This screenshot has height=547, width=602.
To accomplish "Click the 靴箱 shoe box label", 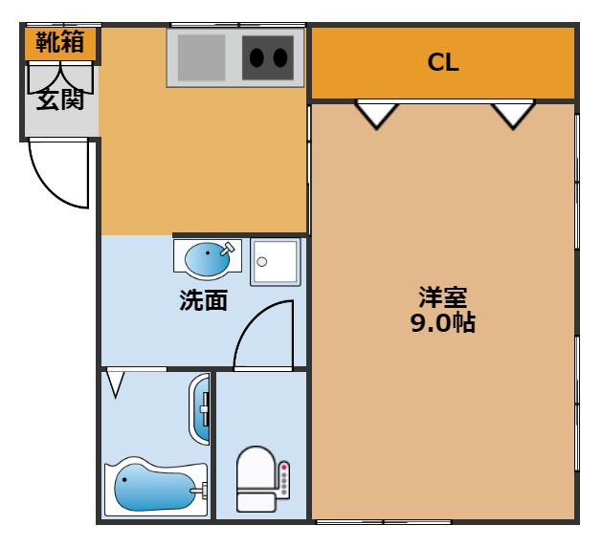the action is pos(60,41).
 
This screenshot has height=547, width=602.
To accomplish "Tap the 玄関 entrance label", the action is pos(60,98).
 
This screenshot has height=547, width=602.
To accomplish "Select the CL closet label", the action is pos(443,62).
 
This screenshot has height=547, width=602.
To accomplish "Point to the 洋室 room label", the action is pos(443,297).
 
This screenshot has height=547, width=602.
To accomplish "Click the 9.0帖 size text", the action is pos(443,322).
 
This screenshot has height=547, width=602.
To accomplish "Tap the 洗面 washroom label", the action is pos(204,300).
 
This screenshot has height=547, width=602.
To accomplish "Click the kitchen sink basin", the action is pos(201,58).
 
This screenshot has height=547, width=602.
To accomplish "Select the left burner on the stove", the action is pos(256,58).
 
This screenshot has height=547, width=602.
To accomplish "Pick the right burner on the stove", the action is pos(280,58).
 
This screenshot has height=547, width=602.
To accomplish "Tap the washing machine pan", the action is pos(276,262).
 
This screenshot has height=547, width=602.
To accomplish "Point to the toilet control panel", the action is pos(284,480).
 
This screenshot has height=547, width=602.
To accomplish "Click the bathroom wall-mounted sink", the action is pos(199,409).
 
